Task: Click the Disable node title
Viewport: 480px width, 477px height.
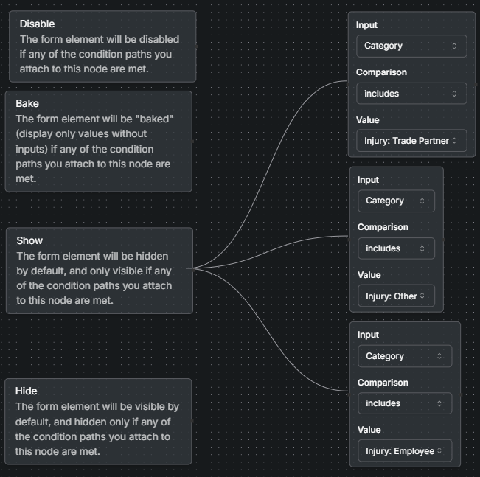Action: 37,24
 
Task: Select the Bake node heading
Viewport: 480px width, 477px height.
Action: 27,103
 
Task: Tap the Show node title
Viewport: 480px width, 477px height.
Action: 29,240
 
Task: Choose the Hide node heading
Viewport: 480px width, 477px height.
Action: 27,391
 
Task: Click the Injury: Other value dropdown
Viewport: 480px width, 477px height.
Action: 396,296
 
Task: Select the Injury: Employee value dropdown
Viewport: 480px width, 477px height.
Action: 404,450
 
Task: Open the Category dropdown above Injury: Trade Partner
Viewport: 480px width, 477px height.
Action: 411,46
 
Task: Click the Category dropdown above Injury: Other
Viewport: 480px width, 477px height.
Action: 396,201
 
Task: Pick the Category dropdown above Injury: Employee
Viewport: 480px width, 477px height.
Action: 404,356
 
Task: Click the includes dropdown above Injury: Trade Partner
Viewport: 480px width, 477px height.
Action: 411,94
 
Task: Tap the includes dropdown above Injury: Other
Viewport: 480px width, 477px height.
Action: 396,248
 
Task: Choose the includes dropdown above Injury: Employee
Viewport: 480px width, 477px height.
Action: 404,403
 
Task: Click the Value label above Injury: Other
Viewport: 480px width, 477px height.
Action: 369,275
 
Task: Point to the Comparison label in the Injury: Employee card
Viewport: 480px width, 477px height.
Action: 383,383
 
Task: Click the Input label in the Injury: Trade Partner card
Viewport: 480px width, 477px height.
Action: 366,25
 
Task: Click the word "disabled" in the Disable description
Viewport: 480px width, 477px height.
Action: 157,39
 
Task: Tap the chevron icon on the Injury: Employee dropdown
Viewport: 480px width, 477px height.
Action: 440,450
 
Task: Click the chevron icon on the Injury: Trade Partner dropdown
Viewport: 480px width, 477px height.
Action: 454,140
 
